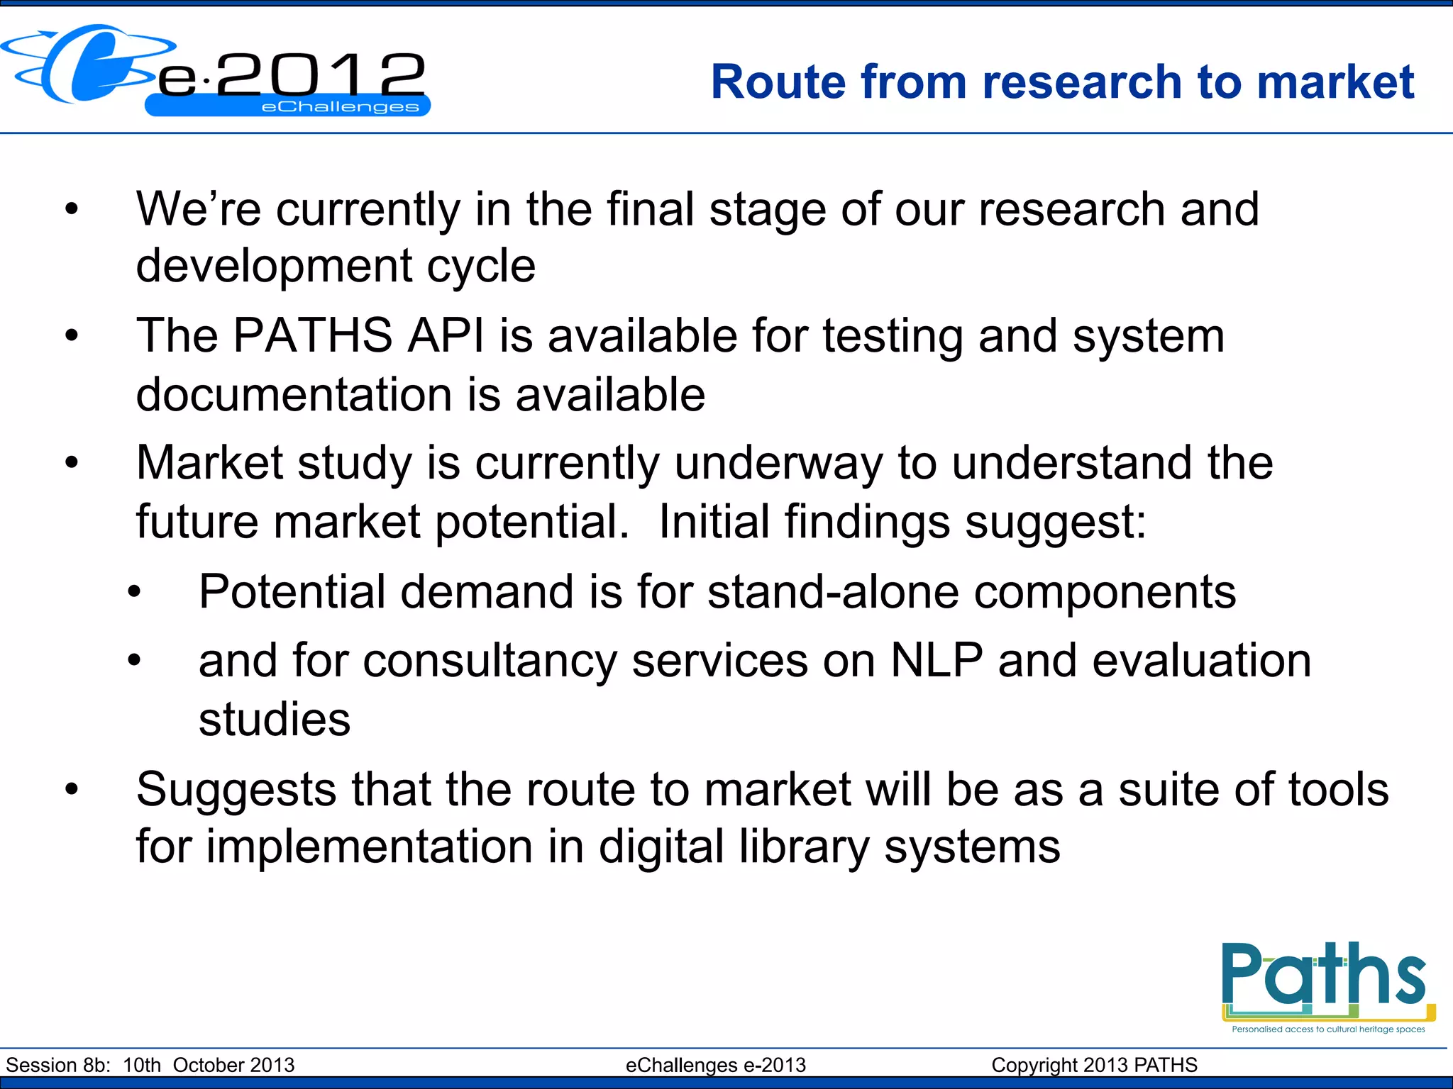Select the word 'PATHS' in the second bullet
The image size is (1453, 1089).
coord(313,335)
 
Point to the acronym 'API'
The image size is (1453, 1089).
coord(446,335)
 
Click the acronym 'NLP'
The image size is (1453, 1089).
coord(937,661)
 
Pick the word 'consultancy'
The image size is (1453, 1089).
coord(490,661)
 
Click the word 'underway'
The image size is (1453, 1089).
coord(778,463)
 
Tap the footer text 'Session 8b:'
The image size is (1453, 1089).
coord(58,1065)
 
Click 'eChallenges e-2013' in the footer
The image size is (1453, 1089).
coord(715,1065)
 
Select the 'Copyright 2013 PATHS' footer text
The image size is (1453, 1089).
coord(1094,1065)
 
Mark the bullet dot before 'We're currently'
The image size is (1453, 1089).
coord(71,209)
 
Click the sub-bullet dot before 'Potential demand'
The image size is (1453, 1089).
coord(134,592)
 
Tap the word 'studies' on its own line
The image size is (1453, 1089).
coord(275,719)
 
